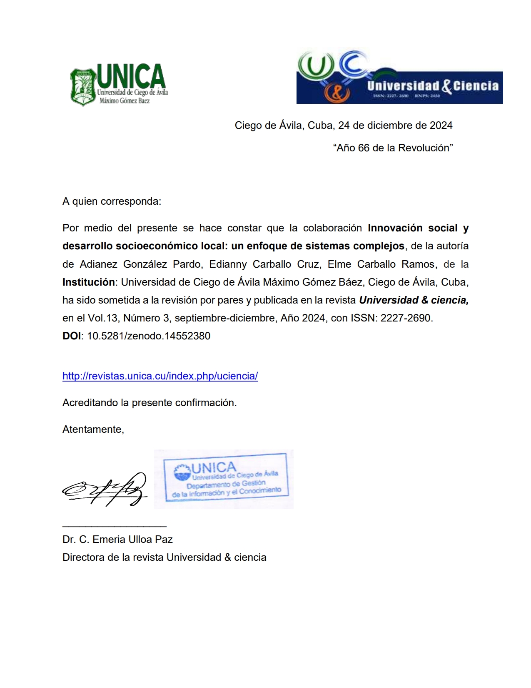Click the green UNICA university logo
pyautogui.click(x=119, y=84)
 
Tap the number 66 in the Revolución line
pyautogui.click(x=364, y=148)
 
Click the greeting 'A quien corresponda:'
pyautogui.click(x=112, y=201)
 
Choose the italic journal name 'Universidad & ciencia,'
pyautogui.click(x=414, y=300)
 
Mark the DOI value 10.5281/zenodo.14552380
pyautogui.click(x=148, y=336)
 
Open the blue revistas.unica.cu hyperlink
pyautogui.click(x=160, y=376)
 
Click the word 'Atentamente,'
pyautogui.click(x=93, y=429)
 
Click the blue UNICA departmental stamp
pyautogui.click(x=225, y=479)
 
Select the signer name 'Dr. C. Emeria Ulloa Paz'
pyautogui.click(x=117, y=540)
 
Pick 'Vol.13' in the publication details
pyautogui.click(x=102, y=318)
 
